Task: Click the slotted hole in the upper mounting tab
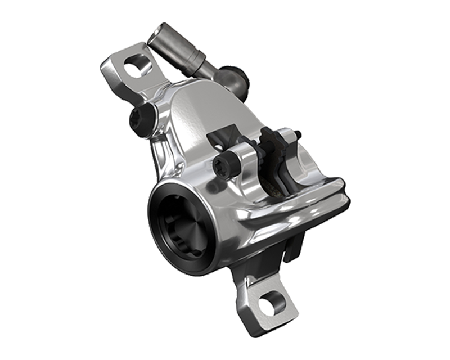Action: [x=134, y=69]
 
